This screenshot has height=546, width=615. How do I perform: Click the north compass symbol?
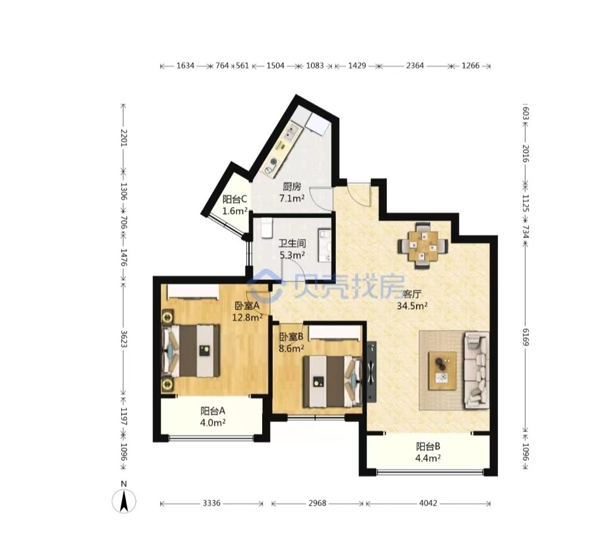coord(124,500)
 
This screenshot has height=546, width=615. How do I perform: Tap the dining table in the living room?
coord(422,246)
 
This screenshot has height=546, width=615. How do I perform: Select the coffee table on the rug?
coord(442,371)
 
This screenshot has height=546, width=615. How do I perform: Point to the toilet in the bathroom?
coord(266,228)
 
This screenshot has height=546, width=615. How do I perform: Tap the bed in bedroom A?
coord(191,350)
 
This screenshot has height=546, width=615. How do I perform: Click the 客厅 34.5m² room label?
coord(412,300)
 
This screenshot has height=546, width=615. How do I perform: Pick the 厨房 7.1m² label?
coord(292,192)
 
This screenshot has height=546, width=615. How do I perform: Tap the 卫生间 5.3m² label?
coord(292,249)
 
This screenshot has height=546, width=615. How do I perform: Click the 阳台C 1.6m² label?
coord(235,205)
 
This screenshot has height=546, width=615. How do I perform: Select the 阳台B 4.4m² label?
coord(428,452)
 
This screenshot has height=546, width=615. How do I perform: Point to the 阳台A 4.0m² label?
coord(212,417)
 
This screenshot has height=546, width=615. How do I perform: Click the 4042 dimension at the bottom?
coord(428,503)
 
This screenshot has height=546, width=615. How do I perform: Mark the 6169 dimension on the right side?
coord(525,337)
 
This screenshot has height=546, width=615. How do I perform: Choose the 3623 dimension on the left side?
coord(123,339)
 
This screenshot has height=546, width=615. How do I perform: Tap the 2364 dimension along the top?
coord(414,65)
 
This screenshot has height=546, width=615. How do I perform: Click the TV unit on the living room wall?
coord(372,372)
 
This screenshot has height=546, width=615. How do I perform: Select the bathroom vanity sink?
coord(324,246)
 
